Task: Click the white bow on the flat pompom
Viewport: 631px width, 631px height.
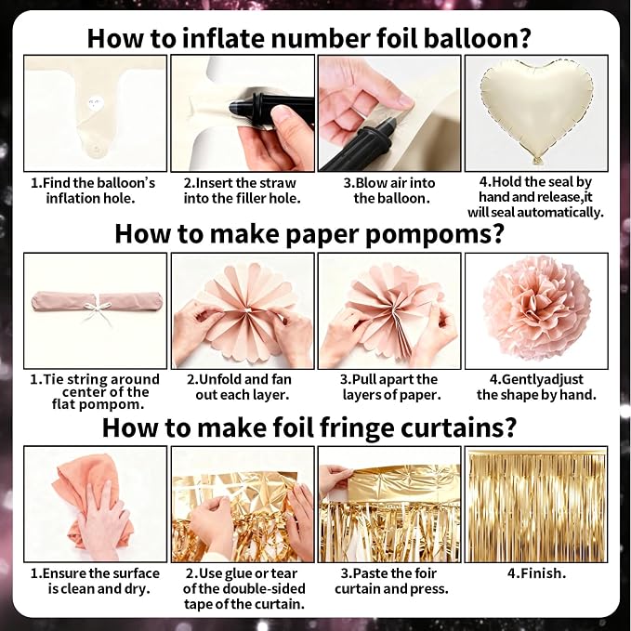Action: pos(95,309)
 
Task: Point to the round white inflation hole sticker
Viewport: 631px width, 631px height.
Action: pos(96,103)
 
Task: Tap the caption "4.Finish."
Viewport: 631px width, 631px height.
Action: pos(536,573)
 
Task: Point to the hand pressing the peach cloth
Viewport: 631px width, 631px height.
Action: pos(101,519)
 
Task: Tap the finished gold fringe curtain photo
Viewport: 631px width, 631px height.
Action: pos(536,505)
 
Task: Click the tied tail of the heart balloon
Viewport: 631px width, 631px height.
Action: pos(536,161)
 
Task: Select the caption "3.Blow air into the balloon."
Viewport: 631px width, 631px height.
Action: pos(389,191)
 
